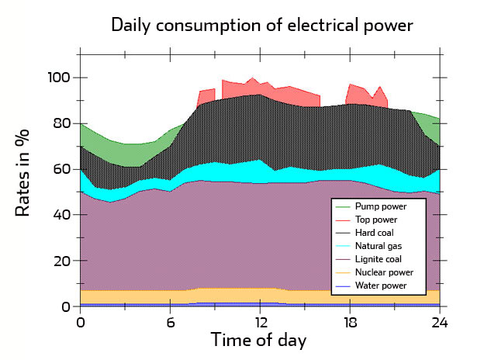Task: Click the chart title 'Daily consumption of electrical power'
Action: click(261, 25)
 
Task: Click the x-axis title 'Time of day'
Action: click(259, 340)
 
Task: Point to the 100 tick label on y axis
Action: click(60, 78)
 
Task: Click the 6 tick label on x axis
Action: click(170, 322)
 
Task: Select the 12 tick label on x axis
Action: click(260, 322)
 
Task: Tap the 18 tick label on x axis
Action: click(350, 322)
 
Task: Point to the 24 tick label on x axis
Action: click(440, 322)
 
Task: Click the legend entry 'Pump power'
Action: click(380, 206)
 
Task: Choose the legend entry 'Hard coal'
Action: click(377, 233)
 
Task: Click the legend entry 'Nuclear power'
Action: click(384, 272)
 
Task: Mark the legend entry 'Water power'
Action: click(381, 286)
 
